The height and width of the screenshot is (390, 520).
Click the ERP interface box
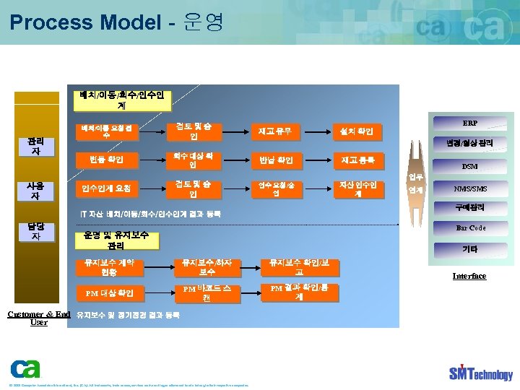click(x=469, y=123)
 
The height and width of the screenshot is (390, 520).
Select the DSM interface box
click(x=469, y=166)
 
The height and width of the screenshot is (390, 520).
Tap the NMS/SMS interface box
click(x=469, y=189)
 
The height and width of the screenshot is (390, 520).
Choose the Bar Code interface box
click(x=470, y=228)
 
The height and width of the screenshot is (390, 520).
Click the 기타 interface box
click(x=469, y=249)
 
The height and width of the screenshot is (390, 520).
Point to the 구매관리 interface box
click(x=469, y=208)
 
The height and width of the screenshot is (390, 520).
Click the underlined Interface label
click(x=469, y=276)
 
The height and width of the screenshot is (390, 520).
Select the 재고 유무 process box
click(x=274, y=131)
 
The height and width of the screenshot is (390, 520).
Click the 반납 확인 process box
click(x=274, y=160)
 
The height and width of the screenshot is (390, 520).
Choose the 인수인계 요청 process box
click(x=107, y=188)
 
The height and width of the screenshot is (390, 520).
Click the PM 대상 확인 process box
click(x=113, y=293)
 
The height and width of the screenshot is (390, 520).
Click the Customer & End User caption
click(x=38, y=318)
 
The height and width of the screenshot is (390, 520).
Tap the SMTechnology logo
click(x=480, y=373)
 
